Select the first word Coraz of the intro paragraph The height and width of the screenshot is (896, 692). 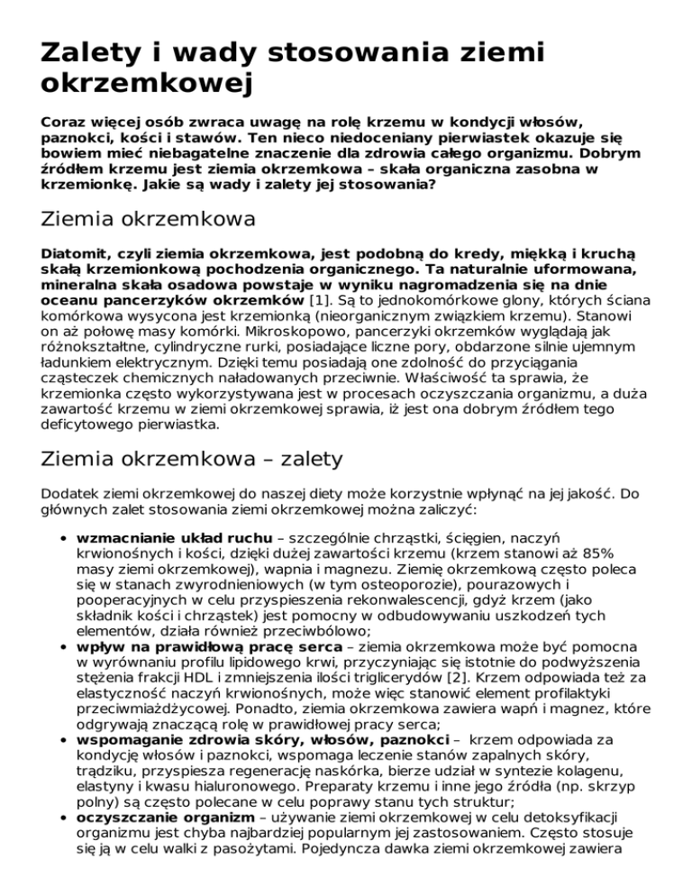[62, 122]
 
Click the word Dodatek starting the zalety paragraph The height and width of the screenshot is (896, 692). [72, 495]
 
